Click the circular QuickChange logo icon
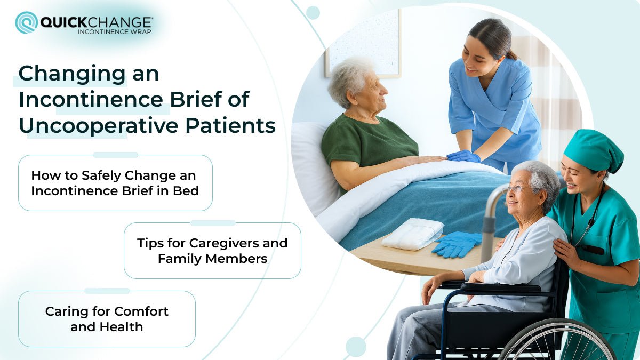pyautogui.click(x=26, y=23)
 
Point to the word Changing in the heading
pyautogui.click(x=72, y=74)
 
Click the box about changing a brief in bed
pyautogui.click(x=115, y=183)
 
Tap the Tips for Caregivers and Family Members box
pyautogui.click(x=212, y=251)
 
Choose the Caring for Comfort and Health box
pyautogui.click(x=107, y=319)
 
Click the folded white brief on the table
pyautogui.click(x=412, y=234)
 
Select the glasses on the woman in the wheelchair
pyautogui.click(x=515, y=188)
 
